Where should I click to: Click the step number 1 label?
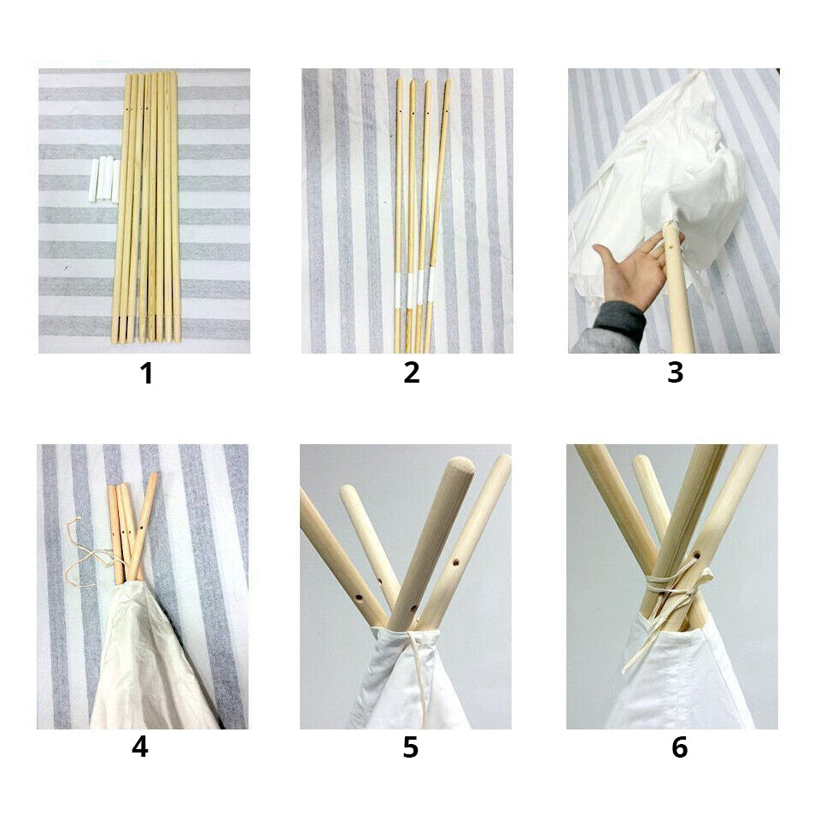146,373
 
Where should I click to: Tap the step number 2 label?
412,373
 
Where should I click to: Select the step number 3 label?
675,373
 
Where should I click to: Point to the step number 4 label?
140,747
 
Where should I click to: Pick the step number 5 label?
411,747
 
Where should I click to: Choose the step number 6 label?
679,747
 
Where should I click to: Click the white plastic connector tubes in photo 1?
105,179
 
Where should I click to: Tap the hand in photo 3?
636,268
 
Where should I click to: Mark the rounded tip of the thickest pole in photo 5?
462,464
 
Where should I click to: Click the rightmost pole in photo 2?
437,215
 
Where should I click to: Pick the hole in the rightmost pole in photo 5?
456,564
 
